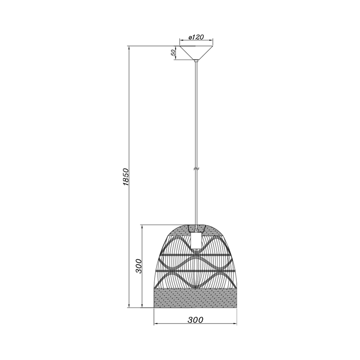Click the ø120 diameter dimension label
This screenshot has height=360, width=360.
click(196, 37)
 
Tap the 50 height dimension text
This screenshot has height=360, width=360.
click(174, 53)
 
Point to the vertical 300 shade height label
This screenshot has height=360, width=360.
click(139, 266)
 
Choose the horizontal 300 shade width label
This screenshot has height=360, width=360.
click(195, 320)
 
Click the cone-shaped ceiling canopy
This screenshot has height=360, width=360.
click(196, 53)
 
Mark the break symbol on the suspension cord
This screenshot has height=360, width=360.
click(196, 169)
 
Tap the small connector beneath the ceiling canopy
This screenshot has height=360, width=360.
click(196, 61)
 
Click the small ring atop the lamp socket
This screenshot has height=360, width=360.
click(196, 230)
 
